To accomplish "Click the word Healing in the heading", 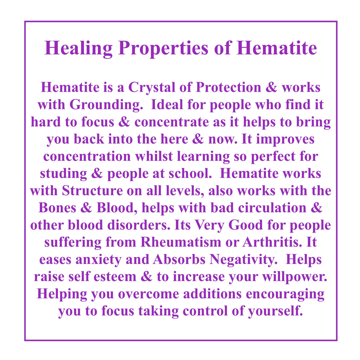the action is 79,49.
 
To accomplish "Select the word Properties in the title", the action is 163,49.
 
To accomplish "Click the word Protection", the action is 228,87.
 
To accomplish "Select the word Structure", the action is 92,191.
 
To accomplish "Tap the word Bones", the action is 57,208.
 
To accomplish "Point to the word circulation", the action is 272,208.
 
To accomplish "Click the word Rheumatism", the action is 181,242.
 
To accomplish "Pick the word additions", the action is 212,294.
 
